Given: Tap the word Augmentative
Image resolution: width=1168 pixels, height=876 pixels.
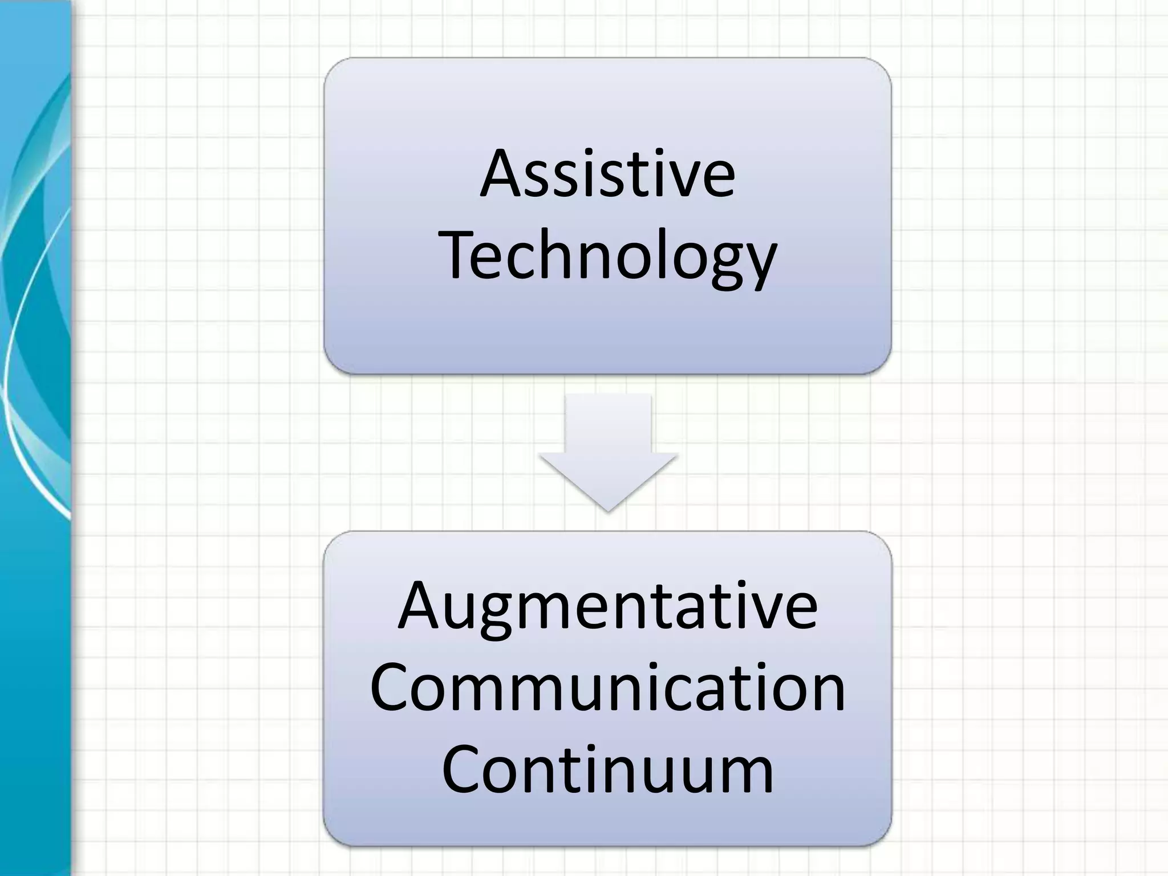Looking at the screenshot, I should pyautogui.click(x=607, y=606).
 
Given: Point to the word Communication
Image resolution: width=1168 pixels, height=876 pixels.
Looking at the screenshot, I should pyautogui.click(x=607, y=688).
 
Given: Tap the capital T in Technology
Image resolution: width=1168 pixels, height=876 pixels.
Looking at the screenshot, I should pyautogui.click(x=461, y=254).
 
